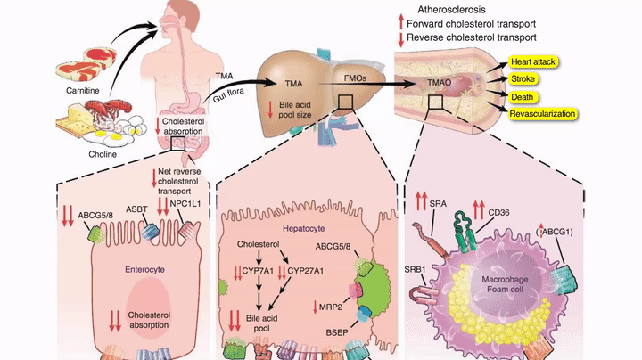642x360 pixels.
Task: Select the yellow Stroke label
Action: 523,79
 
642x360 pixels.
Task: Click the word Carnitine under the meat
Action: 82,90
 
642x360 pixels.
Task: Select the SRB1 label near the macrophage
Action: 415,267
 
